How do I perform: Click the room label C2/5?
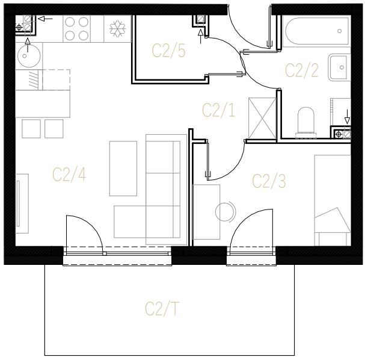point(169,51)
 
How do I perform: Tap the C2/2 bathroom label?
point(302,70)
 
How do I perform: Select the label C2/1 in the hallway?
point(219,110)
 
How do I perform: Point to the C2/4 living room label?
point(69,175)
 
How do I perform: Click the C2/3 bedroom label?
point(269,181)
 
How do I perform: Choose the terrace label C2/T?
point(162,309)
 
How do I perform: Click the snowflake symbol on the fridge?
point(117,29)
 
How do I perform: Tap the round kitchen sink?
point(29,56)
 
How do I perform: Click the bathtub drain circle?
point(339,31)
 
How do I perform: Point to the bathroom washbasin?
point(339,67)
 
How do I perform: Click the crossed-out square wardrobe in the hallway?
point(262,118)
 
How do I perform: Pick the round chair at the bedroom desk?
point(225,212)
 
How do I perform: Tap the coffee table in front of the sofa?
point(123,169)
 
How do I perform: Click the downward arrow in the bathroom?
point(347,117)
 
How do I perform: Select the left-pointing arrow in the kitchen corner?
point(45,19)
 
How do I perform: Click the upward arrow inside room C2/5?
point(200,36)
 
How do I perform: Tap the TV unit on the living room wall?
point(22,203)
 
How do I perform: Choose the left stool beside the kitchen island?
point(31,129)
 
